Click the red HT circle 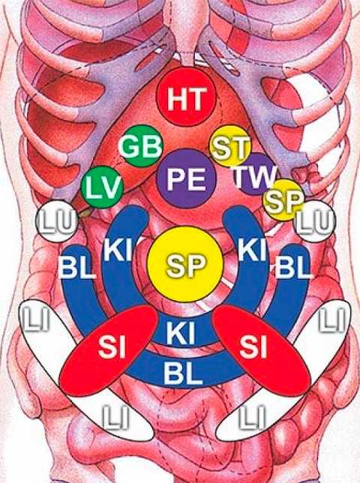pos(186,97)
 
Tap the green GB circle pos(141,145)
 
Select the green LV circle pos(102,187)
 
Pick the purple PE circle pos(187,178)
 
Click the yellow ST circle pos(229,145)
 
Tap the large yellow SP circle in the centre pos(185,265)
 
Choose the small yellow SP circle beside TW pos(283,200)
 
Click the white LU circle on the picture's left pos(57,221)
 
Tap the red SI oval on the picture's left pos(109,350)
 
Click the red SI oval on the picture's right pos(262,350)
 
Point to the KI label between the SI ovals pos(180,333)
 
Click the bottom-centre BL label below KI pos(183,373)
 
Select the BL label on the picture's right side pos(292,268)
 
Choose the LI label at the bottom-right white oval pos(253,417)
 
